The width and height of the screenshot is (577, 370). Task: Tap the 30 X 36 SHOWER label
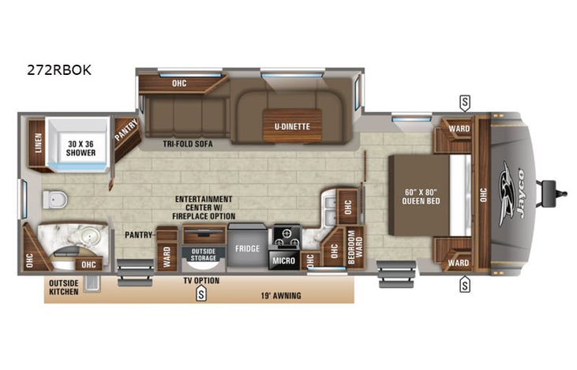(81, 147)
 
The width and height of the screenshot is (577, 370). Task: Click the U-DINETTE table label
(291, 126)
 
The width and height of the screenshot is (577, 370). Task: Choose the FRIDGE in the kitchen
(247, 249)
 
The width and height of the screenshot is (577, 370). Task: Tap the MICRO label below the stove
(285, 258)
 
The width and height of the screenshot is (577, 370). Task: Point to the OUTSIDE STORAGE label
(203, 256)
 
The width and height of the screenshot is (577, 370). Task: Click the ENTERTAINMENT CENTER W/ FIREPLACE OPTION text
(204, 207)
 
